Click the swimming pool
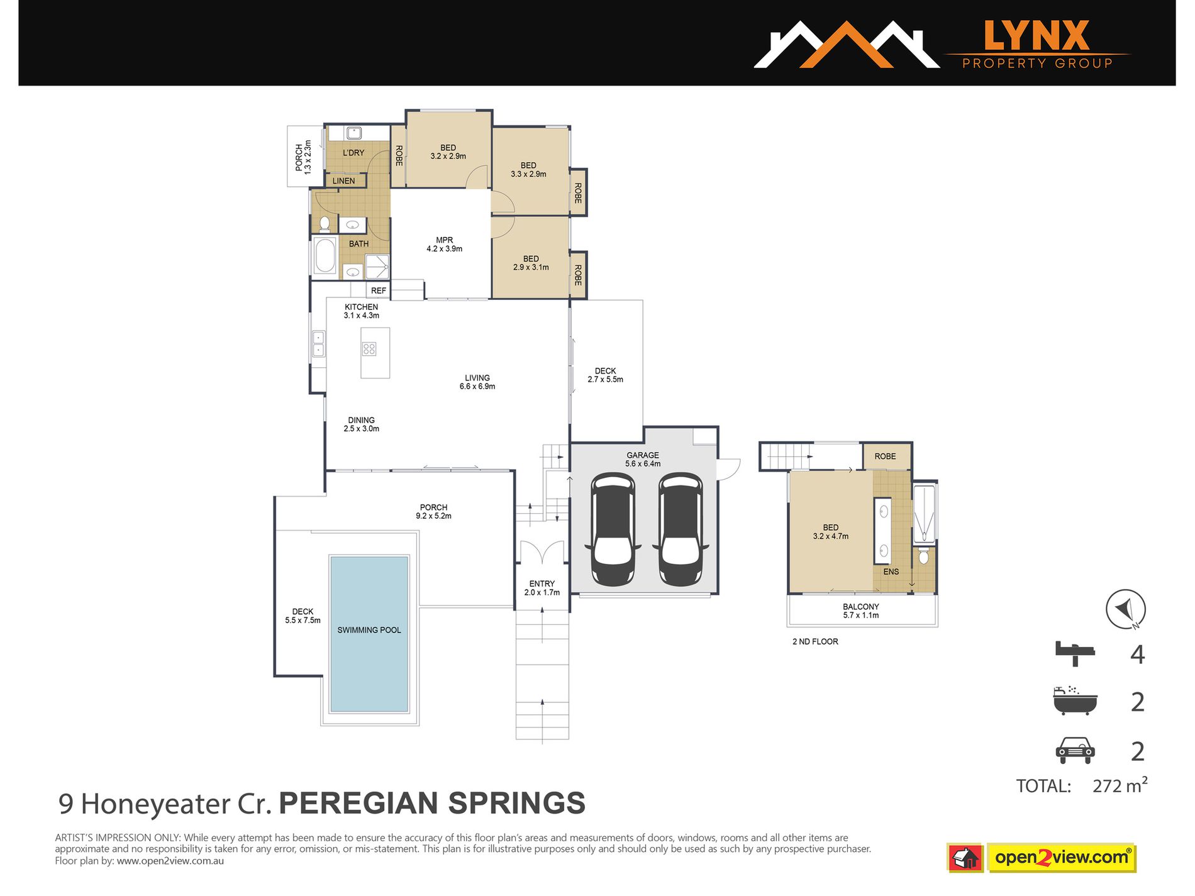[x=369, y=634]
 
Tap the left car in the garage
[x=613, y=530]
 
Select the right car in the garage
[x=680, y=530]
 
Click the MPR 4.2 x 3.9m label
[x=444, y=245]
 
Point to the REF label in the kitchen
[x=378, y=290]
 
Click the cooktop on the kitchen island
[x=369, y=349]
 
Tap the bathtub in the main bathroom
[x=325, y=256]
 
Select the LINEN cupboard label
[x=343, y=181]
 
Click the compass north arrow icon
[x=1125, y=609]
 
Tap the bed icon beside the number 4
[x=1074, y=654]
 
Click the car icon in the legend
[x=1074, y=751]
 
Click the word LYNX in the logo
[x=1036, y=36]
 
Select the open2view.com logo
[x=1062, y=858]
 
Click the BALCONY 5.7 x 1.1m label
[x=860, y=611]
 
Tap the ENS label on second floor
[x=891, y=572]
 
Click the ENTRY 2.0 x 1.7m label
[x=542, y=588]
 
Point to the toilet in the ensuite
[x=923, y=557]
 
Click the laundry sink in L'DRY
[x=353, y=133]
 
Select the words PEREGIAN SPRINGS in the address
[x=432, y=804]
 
